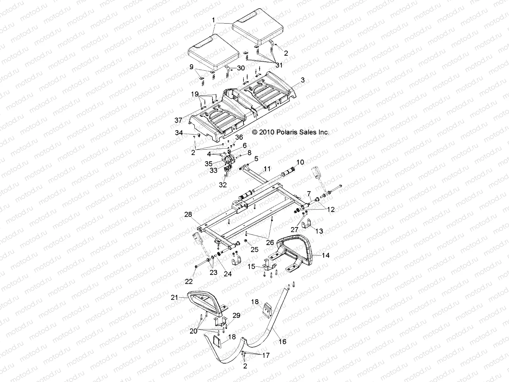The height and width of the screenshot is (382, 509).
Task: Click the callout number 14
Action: (x=325, y=255)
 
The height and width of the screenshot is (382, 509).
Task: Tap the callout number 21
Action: (x=174, y=297)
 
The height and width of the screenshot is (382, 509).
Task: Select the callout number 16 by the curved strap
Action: (x=282, y=342)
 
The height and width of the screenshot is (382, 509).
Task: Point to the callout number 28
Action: (x=188, y=215)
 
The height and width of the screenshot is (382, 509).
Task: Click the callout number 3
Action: (x=303, y=80)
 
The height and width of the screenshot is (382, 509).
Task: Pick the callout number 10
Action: (x=300, y=162)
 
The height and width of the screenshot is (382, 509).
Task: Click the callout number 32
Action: (x=223, y=185)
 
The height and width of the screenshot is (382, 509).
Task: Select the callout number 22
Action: (x=189, y=281)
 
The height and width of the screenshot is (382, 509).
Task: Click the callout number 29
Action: (x=236, y=315)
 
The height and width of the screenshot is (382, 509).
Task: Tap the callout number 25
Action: (x=254, y=250)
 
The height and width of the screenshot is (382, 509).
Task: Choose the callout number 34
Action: (x=179, y=133)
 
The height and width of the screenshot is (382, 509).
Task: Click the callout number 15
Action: (x=252, y=266)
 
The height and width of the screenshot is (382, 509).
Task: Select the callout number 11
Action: (x=267, y=169)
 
